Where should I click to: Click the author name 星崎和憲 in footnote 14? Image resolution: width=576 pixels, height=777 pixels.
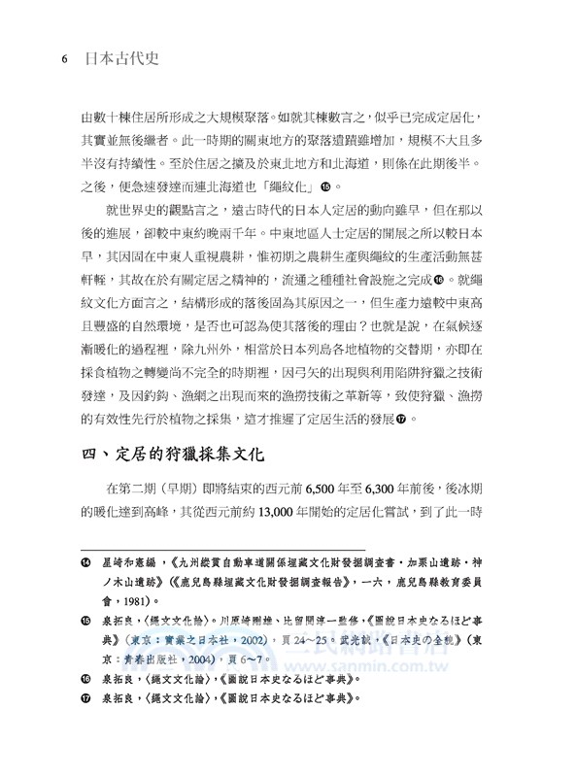pyautogui.click(x=123, y=560)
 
